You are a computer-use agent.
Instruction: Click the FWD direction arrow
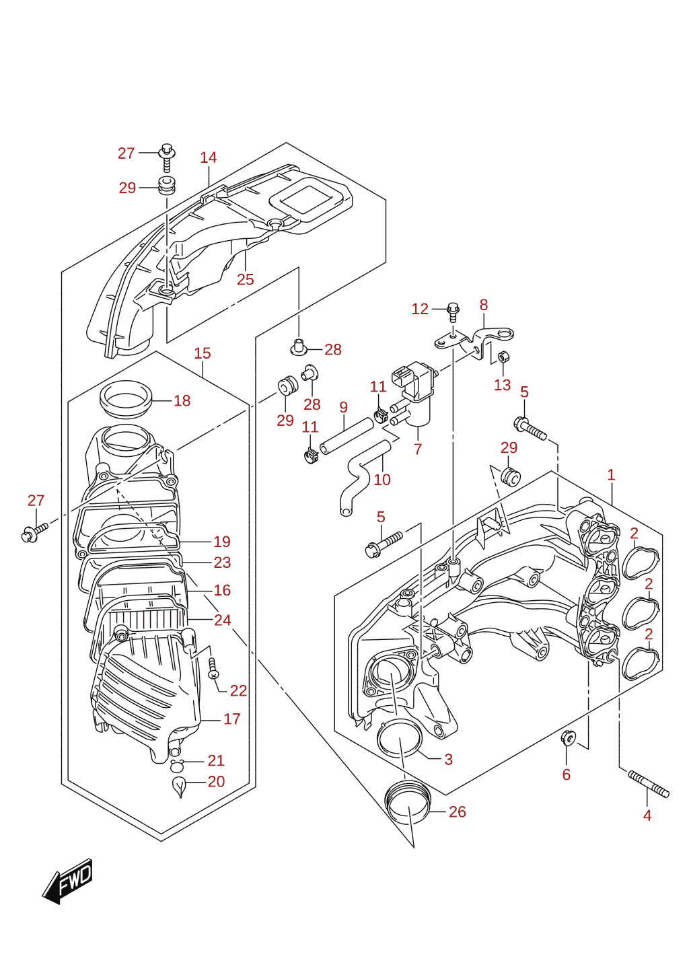pyautogui.click(x=67, y=881)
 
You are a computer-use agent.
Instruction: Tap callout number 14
pyautogui.click(x=209, y=157)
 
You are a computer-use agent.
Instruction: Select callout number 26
pyautogui.click(x=458, y=811)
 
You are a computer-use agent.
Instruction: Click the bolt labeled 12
pyautogui.click(x=453, y=312)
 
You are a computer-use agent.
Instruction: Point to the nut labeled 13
pyautogui.click(x=503, y=357)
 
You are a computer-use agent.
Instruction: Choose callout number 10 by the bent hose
pyautogui.click(x=382, y=480)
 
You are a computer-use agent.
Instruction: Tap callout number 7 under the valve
pyautogui.click(x=418, y=449)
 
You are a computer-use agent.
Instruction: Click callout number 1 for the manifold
pyautogui.click(x=611, y=475)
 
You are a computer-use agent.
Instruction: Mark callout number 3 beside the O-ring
pyautogui.click(x=449, y=759)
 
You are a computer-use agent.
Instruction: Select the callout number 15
pyautogui.click(x=203, y=353)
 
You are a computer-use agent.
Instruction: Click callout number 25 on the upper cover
pyautogui.click(x=246, y=279)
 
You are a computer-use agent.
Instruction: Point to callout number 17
pyautogui.click(x=231, y=719)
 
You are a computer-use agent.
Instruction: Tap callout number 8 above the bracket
pyautogui.click(x=484, y=305)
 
